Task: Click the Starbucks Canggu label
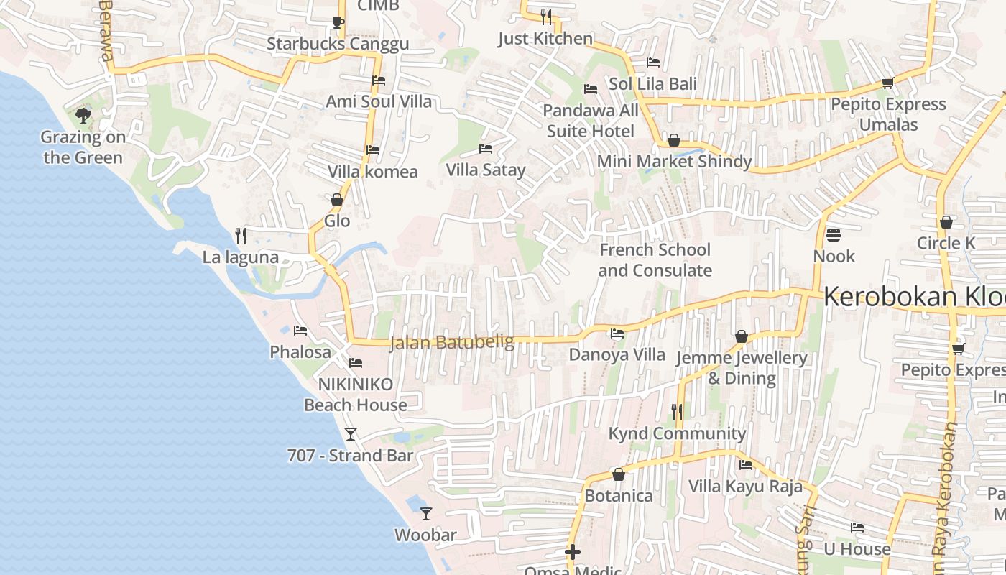tap(338, 44)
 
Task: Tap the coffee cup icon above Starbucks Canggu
tap(338, 22)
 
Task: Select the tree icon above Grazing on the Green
tap(83, 115)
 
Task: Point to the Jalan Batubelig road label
tap(452, 343)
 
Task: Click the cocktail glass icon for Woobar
tap(426, 513)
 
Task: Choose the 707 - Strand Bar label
tap(350, 456)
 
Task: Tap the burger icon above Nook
tap(834, 234)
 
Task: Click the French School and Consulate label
tap(655, 260)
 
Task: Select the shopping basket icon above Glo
tap(336, 200)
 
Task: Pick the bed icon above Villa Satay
tap(486, 149)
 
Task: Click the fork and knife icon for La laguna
tap(241, 235)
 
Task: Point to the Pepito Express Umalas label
tap(888, 114)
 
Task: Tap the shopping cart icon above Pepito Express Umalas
tap(887, 83)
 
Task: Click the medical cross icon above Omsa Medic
tap(573, 552)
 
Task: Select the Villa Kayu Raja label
tap(745, 487)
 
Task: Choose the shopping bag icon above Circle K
tap(946, 222)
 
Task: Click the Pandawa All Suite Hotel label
tap(591, 121)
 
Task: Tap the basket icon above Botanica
tap(618, 474)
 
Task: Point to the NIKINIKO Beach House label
tap(356, 395)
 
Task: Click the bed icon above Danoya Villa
tap(617, 333)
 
